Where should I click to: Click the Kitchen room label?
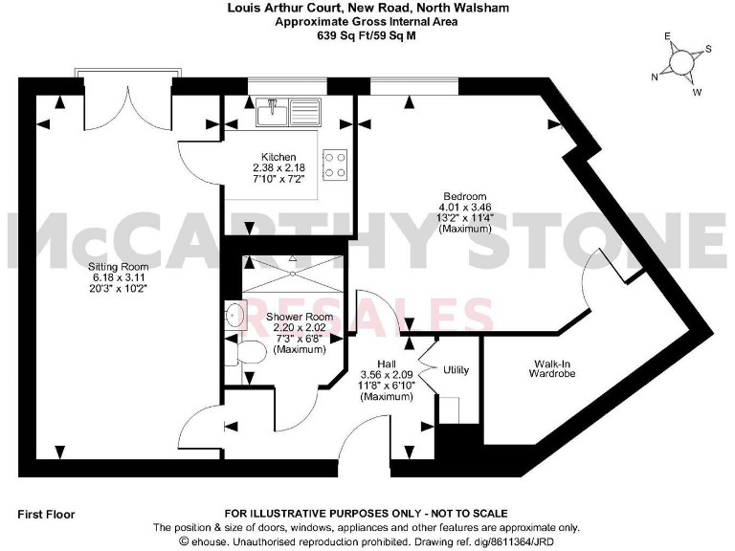(x=278, y=157)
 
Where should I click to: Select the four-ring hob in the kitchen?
(x=334, y=165)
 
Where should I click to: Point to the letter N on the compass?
(x=655, y=77)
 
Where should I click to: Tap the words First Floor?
(x=46, y=514)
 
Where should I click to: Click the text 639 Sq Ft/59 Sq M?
(x=367, y=35)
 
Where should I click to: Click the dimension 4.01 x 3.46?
(x=465, y=208)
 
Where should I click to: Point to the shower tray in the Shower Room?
(x=293, y=274)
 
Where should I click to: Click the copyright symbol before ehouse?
(x=159, y=540)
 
